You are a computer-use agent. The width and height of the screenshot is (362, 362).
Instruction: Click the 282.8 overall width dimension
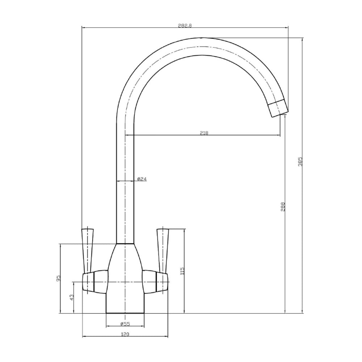185,26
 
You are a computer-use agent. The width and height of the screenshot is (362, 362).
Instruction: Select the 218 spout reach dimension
204,133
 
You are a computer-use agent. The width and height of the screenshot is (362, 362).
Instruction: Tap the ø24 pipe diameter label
142,179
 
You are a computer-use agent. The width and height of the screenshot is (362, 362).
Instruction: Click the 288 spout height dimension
283,207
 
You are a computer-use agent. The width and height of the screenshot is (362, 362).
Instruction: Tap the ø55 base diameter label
125,324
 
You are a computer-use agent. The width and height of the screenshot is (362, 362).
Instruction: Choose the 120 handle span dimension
125,334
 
